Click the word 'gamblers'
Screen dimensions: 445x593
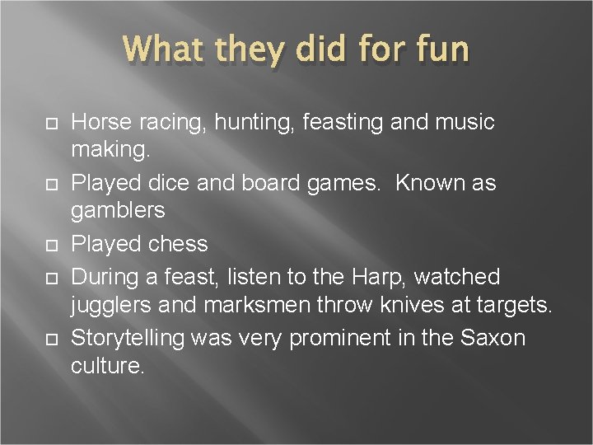click(x=119, y=211)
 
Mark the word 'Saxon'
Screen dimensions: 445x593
click(x=493, y=338)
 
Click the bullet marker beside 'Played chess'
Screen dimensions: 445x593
click(x=49, y=245)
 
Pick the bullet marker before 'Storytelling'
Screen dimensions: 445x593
click(x=49, y=339)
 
